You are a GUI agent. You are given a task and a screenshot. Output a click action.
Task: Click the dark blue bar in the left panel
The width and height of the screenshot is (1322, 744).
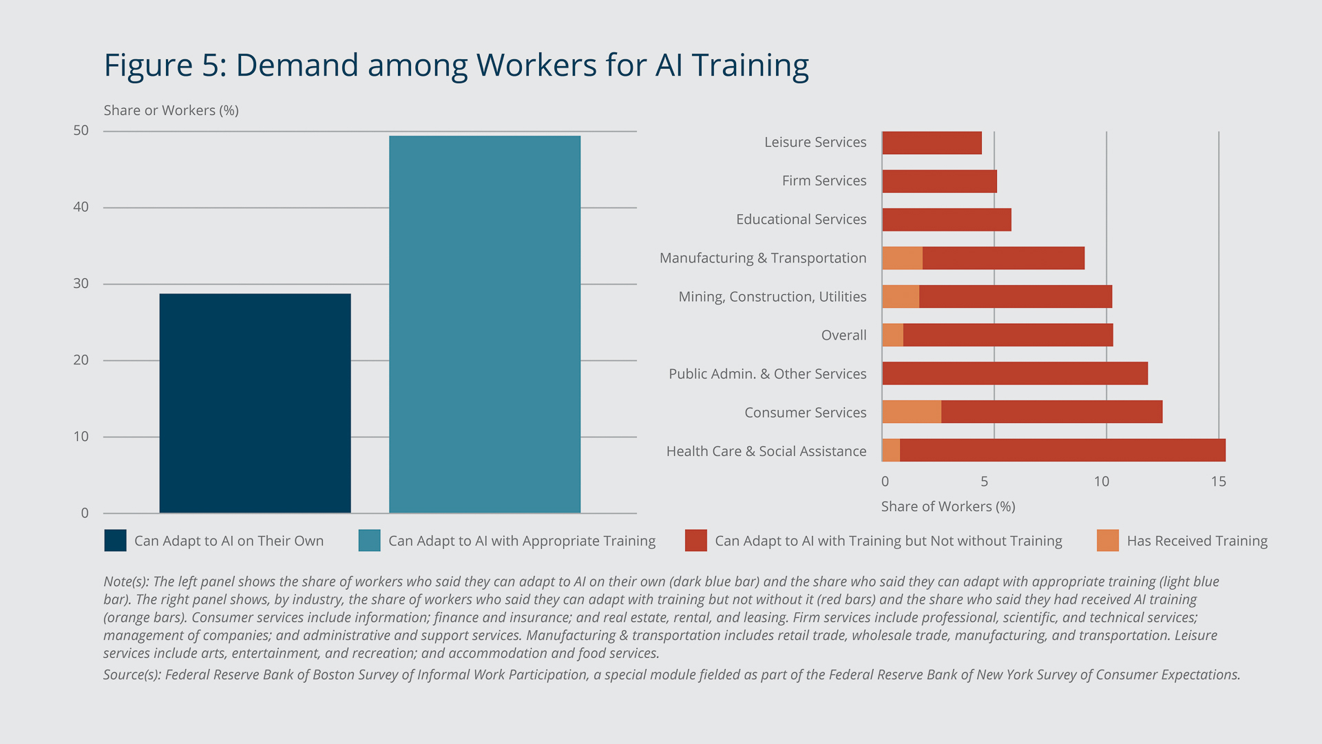click(255, 403)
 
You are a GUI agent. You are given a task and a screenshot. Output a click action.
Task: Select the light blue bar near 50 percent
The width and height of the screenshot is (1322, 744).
click(484, 324)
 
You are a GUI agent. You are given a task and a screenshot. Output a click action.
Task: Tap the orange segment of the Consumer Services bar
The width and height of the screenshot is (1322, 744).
click(911, 412)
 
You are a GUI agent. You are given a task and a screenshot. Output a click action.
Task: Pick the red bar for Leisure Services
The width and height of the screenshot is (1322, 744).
click(932, 143)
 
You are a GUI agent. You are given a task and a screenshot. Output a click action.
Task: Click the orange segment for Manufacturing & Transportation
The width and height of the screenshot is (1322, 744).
click(902, 258)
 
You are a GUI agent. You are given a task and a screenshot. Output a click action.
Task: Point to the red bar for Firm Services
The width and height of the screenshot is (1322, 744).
click(939, 181)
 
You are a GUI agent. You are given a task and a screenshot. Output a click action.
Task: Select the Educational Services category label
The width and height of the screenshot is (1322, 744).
click(801, 219)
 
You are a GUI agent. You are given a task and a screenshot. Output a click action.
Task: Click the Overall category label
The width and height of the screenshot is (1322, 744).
click(843, 335)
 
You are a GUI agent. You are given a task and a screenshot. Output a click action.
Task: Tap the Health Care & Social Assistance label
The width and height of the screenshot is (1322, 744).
click(766, 451)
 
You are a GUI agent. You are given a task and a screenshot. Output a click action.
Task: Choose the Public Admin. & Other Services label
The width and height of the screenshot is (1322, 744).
click(767, 374)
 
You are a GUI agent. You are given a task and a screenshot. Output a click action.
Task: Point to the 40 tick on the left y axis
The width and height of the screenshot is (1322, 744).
click(81, 207)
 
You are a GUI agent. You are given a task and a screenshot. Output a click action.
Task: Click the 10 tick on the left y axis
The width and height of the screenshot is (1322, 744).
click(81, 437)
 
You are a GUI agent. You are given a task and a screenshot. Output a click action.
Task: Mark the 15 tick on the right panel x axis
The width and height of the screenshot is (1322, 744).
click(1218, 482)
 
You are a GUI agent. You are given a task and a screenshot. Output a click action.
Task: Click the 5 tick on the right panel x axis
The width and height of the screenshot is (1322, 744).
click(984, 482)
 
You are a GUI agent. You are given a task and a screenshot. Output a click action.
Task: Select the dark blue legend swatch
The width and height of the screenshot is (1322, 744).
click(115, 541)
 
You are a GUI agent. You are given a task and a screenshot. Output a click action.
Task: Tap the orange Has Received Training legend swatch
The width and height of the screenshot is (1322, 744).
click(1107, 541)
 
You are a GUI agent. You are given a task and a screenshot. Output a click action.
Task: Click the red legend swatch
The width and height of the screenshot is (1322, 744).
click(695, 541)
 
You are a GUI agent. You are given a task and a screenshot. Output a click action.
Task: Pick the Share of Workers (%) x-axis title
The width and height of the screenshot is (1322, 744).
click(947, 507)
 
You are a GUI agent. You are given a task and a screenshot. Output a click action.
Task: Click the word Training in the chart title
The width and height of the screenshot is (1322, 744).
click(750, 66)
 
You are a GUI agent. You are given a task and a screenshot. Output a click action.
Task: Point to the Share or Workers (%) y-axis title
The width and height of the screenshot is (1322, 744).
click(171, 111)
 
